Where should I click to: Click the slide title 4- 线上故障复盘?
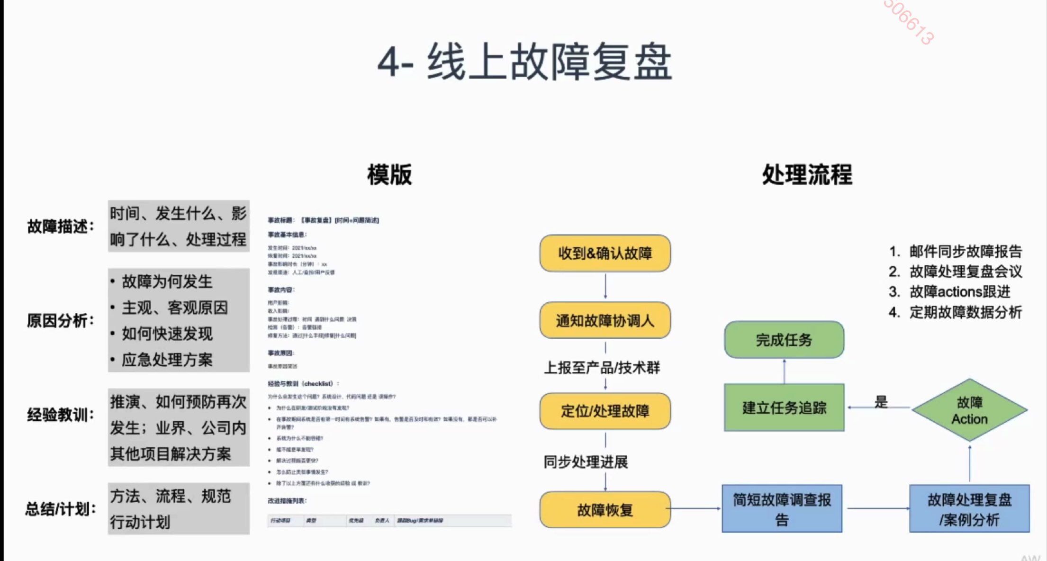(x=524, y=62)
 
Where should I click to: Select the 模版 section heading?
(x=389, y=175)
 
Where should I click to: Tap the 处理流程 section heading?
(x=807, y=175)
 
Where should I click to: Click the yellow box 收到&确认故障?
(x=605, y=253)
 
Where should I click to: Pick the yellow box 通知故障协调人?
(x=605, y=321)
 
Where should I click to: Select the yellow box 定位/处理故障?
(x=605, y=411)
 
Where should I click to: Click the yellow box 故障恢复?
(x=605, y=510)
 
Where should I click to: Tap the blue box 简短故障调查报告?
(x=782, y=509)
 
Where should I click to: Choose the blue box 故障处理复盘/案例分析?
(x=969, y=509)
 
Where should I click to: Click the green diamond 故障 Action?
(x=969, y=410)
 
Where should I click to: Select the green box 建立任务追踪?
(x=784, y=407)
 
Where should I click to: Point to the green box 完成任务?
(x=784, y=340)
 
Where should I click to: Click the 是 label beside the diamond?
(x=881, y=402)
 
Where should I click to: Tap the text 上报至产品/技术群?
(x=602, y=368)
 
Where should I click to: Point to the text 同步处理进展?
(x=586, y=461)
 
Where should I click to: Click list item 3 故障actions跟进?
(x=960, y=292)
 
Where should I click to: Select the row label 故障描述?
(x=61, y=226)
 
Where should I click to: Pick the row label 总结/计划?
(x=61, y=509)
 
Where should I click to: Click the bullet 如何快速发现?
(x=167, y=334)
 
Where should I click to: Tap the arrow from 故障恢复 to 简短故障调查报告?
(x=695, y=509)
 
